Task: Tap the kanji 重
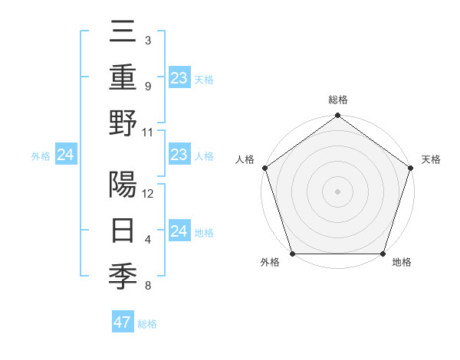click(123, 77)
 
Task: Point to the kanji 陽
click(123, 185)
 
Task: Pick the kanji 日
click(123, 231)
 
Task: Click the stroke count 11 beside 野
click(148, 132)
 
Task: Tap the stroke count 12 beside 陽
click(148, 194)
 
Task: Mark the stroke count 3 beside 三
click(147, 41)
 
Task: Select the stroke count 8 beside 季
click(147, 286)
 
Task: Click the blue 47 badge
click(122, 322)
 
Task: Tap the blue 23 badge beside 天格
click(179, 77)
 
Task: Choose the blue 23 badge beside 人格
click(179, 155)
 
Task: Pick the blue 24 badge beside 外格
click(65, 155)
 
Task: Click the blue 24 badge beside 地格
click(179, 231)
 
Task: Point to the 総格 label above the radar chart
click(337, 100)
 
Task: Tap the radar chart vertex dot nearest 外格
click(292, 254)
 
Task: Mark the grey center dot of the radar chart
click(337, 191)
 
